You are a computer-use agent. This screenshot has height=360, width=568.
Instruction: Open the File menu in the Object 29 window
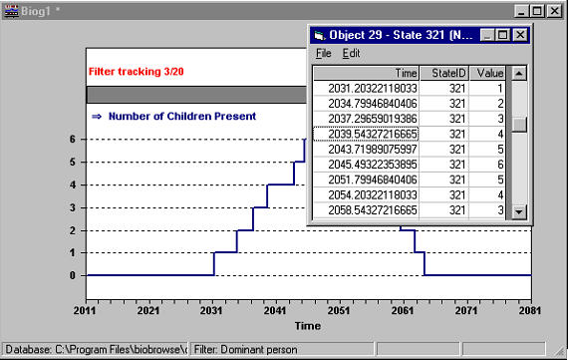(x=323, y=52)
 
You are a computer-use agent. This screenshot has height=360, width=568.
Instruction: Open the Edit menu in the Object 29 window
(x=351, y=52)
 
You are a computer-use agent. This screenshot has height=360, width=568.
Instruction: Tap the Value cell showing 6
(x=491, y=165)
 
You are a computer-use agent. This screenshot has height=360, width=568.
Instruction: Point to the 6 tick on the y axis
(x=73, y=139)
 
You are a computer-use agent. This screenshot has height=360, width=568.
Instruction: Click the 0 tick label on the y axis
(x=73, y=275)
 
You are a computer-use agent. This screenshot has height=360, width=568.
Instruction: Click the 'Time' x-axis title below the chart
(x=307, y=325)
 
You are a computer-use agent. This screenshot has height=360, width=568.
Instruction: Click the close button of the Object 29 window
(x=519, y=34)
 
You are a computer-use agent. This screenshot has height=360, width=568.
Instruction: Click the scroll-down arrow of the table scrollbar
(x=518, y=211)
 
